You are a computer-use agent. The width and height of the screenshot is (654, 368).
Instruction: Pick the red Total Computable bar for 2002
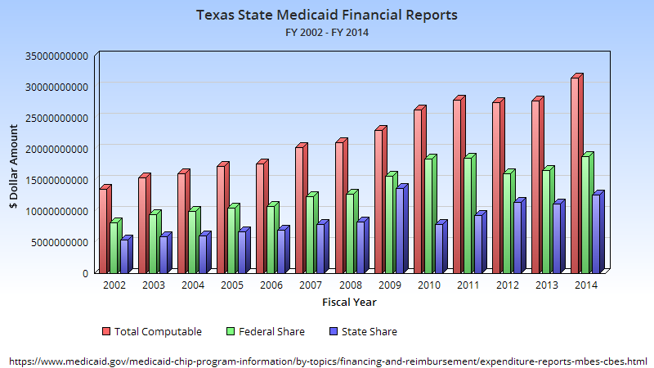click(x=104, y=230)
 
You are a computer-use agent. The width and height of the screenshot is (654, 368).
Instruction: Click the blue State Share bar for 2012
click(x=517, y=237)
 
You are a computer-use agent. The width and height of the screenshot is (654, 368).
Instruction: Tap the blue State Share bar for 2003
click(x=163, y=254)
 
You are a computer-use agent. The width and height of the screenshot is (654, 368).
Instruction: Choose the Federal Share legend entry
click(x=266, y=331)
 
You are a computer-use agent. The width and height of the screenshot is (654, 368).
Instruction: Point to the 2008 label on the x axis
click(x=350, y=285)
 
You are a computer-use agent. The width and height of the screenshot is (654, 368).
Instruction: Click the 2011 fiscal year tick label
click(x=468, y=285)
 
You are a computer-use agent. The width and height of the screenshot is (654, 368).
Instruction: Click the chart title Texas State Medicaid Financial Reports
click(x=327, y=15)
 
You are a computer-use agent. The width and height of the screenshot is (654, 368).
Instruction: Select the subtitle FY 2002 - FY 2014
click(x=327, y=32)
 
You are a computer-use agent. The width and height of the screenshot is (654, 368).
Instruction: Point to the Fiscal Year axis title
click(x=349, y=302)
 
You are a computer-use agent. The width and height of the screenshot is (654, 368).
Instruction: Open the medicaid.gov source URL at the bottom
click(x=327, y=360)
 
